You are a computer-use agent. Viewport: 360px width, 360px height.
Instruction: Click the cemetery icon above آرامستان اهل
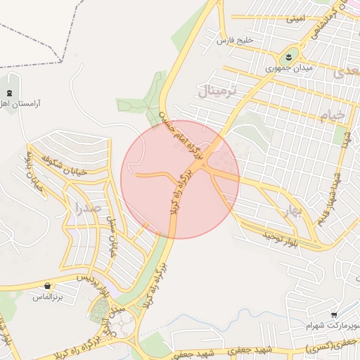pos(9,93)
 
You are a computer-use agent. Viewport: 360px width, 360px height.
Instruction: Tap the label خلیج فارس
pos(233,41)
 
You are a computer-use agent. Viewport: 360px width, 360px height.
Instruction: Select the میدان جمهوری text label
pos(288,70)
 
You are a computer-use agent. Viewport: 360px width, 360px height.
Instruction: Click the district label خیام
pos(332,115)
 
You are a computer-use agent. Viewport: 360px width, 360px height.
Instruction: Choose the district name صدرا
pos(87,207)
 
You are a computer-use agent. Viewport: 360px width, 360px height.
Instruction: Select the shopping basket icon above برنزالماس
pos(47,286)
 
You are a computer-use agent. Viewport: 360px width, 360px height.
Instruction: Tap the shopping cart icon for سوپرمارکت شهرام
pos(333,315)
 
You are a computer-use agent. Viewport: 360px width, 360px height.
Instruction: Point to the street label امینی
pos(295,20)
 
